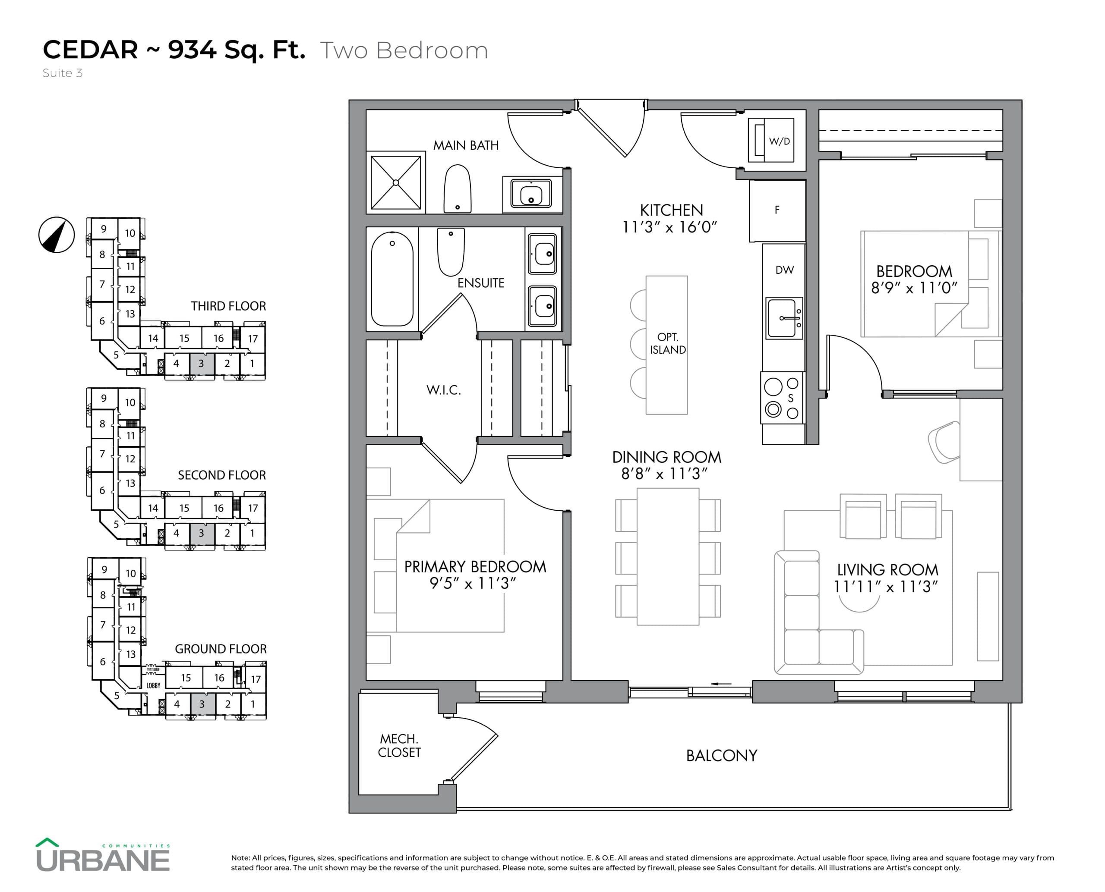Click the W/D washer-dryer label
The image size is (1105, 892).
pyautogui.click(x=779, y=141)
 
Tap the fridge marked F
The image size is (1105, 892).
pyautogui.click(x=777, y=210)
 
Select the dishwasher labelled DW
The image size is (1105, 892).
pyautogui.click(x=784, y=270)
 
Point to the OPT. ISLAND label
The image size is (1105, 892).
pyautogui.click(x=667, y=344)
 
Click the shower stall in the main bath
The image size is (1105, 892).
pyautogui.click(x=395, y=182)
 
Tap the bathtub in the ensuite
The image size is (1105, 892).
pyautogui.click(x=392, y=279)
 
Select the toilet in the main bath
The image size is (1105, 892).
pyautogui.click(x=457, y=188)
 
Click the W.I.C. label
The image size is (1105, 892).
pyautogui.click(x=443, y=390)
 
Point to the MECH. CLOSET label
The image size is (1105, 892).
pyautogui.click(x=399, y=745)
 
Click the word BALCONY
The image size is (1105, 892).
pyautogui.click(x=721, y=755)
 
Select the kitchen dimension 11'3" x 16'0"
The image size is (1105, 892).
pyautogui.click(x=669, y=227)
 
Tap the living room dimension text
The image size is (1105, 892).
pyautogui.click(x=886, y=587)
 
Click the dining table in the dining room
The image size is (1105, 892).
pyautogui.click(x=667, y=556)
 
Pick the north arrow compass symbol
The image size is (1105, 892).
pyautogui.click(x=57, y=235)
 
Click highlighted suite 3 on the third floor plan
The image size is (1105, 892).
pyautogui.click(x=201, y=364)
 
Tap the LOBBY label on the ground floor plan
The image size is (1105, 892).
pyautogui.click(x=153, y=685)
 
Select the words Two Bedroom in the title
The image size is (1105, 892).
pyautogui.click(x=404, y=50)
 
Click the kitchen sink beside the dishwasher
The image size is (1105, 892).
pyautogui.click(x=783, y=318)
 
